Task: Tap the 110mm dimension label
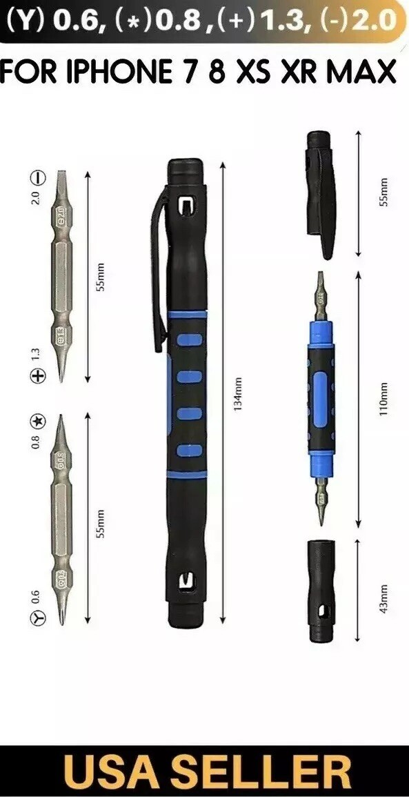pos(385,399)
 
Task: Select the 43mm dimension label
pos(385,597)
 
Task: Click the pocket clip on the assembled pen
pos(159,276)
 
